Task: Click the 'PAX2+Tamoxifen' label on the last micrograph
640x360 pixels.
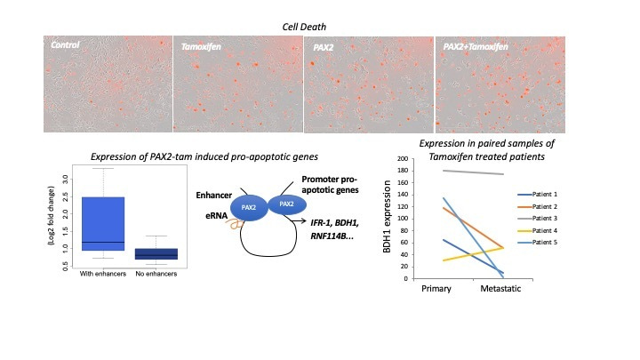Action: [478, 44]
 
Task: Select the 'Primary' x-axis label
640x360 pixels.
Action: [437, 290]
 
